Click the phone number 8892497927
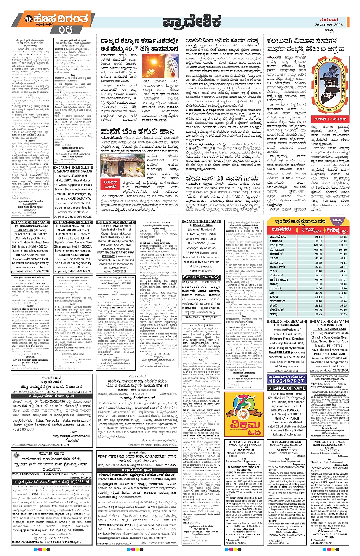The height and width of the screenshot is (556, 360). (287, 381)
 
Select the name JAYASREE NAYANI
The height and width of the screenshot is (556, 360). (288, 325)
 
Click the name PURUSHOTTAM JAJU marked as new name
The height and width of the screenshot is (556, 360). (330, 354)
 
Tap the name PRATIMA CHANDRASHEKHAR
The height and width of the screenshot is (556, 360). (116, 252)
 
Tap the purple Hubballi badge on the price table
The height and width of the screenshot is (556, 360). (337, 220)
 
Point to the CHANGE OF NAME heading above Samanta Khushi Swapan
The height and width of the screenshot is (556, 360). (73, 168)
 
